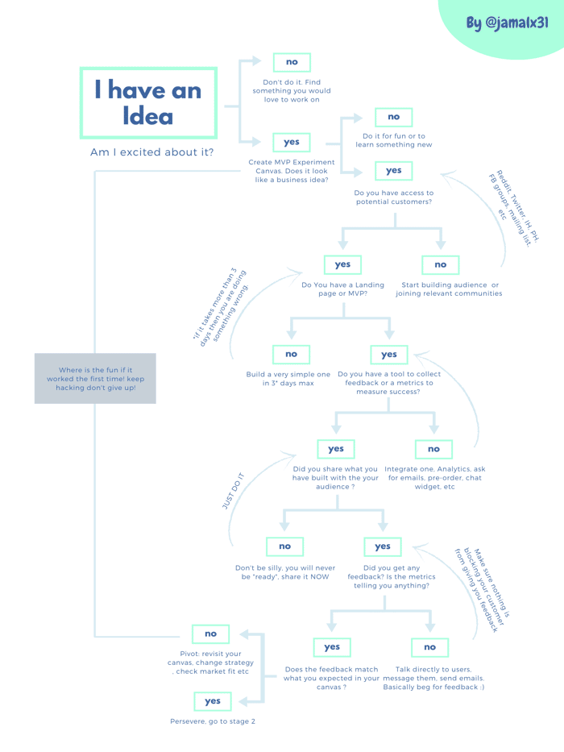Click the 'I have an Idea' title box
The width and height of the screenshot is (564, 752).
pyautogui.click(x=149, y=103)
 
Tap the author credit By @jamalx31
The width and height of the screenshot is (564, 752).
pyautogui.click(x=508, y=23)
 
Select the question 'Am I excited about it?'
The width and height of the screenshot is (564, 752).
pyautogui.click(x=152, y=152)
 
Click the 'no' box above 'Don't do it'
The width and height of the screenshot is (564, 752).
pyautogui.click(x=292, y=62)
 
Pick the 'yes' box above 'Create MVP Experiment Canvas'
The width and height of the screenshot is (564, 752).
pyautogui.click(x=291, y=143)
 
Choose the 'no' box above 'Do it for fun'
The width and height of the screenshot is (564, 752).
pyautogui.click(x=394, y=117)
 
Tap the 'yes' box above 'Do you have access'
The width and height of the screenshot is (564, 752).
pyautogui.click(x=394, y=171)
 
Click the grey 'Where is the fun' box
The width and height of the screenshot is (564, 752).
pyautogui.click(x=95, y=378)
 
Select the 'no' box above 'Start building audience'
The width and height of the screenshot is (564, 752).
pyautogui.click(x=440, y=264)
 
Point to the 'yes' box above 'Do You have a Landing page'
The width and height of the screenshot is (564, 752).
pyautogui.click(x=342, y=264)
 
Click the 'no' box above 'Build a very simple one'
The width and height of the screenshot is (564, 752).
pyautogui.click(x=291, y=355)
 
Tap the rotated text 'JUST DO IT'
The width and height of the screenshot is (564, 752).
pyautogui.click(x=233, y=491)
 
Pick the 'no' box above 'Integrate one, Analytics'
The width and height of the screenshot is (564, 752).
pyautogui.click(x=433, y=450)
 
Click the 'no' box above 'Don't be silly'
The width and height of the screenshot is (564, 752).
pyautogui.click(x=285, y=546)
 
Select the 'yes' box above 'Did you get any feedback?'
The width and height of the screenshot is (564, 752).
pyautogui.click(x=382, y=546)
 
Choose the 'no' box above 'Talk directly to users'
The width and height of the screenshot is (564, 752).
pyautogui.click(x=429, y=647)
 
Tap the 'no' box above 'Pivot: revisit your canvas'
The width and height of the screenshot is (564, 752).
pyautogui.click(x=210, y=634)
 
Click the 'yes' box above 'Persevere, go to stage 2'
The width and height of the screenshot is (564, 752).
pyautogui.click(x=213, y=702)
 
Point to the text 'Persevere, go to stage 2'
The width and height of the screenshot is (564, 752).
pyautogui.click(x=213, y=721)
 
